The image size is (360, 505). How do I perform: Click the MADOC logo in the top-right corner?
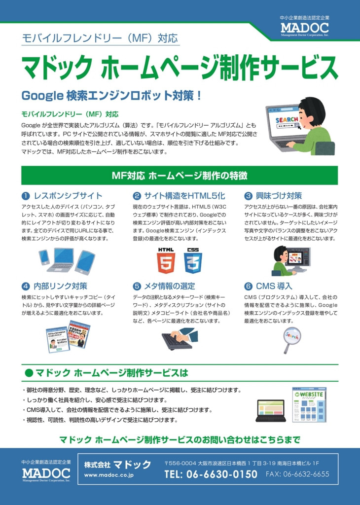tap(305, 28)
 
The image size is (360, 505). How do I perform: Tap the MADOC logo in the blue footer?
tap(46, 473)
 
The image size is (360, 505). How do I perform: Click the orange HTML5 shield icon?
tap(166, 260)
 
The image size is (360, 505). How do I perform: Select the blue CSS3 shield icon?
tap(193, 260)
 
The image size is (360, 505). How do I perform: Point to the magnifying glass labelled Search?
tap(291, 339)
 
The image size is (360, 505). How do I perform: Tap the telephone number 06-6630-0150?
tap(211, 474)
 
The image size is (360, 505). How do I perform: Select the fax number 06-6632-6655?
tap(297, 474)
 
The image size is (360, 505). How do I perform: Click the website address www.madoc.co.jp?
tap(109, 475)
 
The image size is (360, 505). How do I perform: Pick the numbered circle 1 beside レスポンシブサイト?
tap(26, 196)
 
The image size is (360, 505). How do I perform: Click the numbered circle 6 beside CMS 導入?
tap(248, 287)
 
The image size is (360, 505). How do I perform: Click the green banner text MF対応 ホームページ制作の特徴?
tap(180, 176)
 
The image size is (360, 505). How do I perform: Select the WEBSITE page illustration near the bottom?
tap(309, 405)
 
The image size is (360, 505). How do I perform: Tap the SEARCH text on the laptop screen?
tap(287, 120)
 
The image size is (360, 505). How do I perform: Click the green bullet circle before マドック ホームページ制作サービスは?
tap(29, 373)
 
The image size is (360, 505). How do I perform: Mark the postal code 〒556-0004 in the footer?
tap(180, 463)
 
